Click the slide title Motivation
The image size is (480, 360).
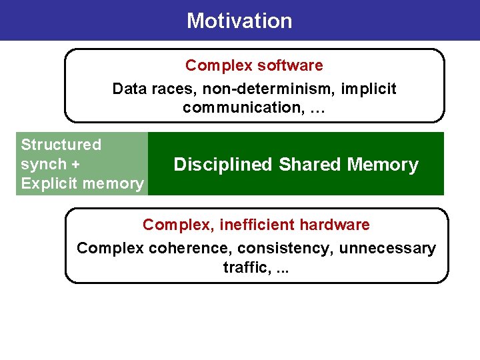pyautogui.click(x=239, y=21)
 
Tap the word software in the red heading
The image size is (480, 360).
pyautogui.click(x=290, y=65)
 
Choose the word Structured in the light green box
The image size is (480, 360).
pyautogui.click(x=61, y=145)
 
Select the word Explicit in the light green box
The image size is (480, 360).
pyautogui.click(x=47, y=183)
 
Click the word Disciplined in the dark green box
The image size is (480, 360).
pyautogui.click(x=223, y=165)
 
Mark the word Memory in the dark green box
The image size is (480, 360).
pyautogui.click(x=385, y=165)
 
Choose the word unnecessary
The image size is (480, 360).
pyautogui.click(x=387, y=249)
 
